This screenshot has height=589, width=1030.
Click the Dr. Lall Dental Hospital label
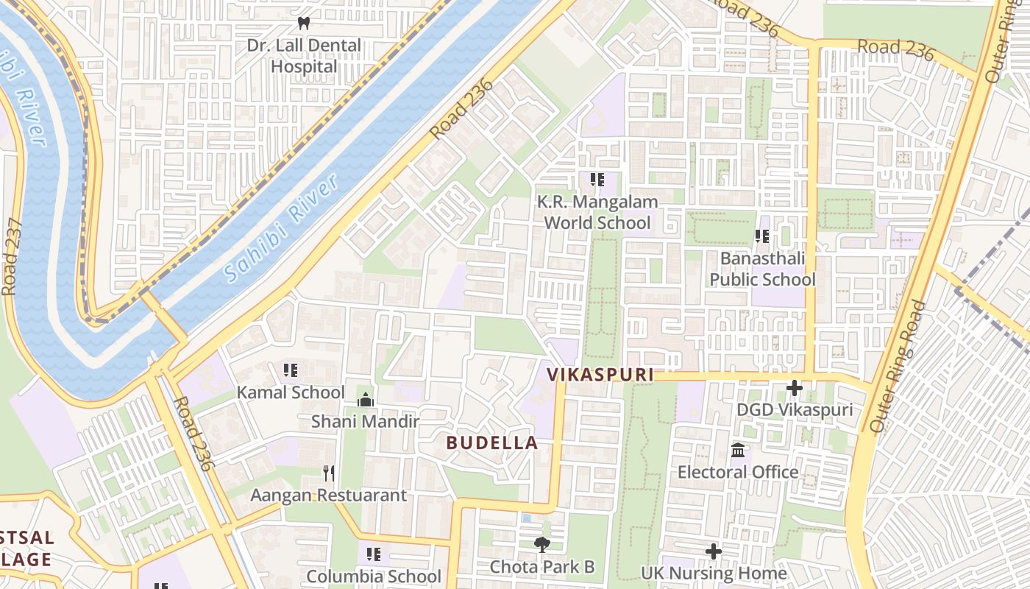pyautogui.click(x=304, y=56)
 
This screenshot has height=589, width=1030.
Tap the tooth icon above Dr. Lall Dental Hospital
pyautogui.click(x=304, y=24)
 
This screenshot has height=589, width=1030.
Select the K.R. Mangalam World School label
pyautogui.click(x=597, y=212)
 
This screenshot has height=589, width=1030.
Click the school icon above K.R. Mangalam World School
pyautogui.click(x=597, y=179)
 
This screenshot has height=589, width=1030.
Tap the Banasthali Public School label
pyautogui.click(x=762, y=269)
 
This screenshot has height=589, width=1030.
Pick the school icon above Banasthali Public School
pyautogui.click(x=762, y=236)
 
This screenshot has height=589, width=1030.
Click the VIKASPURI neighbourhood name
pyautogui.click(x=600, y=375)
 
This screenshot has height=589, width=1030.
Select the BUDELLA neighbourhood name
pyautogui.click(x=492, y=443)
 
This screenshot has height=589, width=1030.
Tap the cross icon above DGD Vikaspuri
pyautogui.click(x=795, y=387)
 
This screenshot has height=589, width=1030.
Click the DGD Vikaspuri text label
pyautogui.click(x=795, y=409)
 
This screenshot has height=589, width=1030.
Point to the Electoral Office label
pyautogui.click(x=738, y=472)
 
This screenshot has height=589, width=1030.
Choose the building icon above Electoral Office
pyautogui.click(x=738, y=450)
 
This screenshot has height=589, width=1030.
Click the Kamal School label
pyautogui.click(x=290, y=392)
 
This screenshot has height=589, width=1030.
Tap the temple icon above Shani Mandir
pyautogui.click(x=365, y=400)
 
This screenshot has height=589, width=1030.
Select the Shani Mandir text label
pyautogui.click(x=365, y=422)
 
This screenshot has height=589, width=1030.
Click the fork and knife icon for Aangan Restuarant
pyautogui.click(x=329, y=473)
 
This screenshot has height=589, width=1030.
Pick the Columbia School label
pyautogui.click(x=374, y=576)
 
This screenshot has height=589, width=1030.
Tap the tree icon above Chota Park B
pyautogui.click(x=542, y=545)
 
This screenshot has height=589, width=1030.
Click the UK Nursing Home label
pyautogui.click(x=714, y=573)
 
